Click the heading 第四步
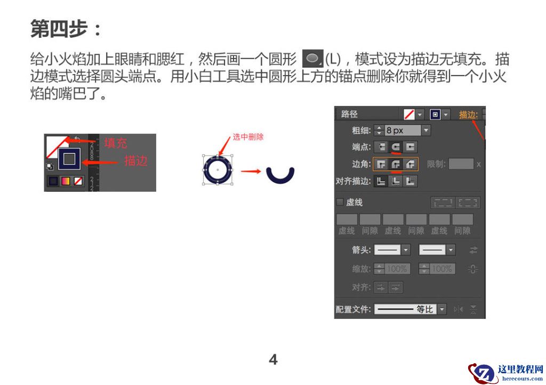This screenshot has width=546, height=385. (x=65, y=29)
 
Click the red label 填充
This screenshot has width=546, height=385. (x=116, y=143)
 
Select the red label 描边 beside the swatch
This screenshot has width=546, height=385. (x=136, y=160)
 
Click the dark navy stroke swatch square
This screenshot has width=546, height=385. (x=69, y=158)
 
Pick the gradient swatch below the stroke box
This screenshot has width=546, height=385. (x=66, y=181)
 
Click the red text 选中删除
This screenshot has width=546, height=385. (x=248, y=137)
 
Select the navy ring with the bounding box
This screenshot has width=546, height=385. (x=218, y=170)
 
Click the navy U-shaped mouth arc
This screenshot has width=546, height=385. (x=280, y=175)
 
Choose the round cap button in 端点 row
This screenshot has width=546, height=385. (x=396, y=147)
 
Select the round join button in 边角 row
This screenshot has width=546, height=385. (x=396, y=164)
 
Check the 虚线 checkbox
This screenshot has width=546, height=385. (x=340, y=202)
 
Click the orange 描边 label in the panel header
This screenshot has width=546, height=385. (x=468, y=114)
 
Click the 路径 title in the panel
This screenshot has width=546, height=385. (x=350, y=114)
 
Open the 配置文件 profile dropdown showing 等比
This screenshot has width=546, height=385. (x=410, y=309)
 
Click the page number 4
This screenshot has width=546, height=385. (x=273, y=359)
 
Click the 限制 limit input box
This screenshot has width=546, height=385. (x=461, y=164)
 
